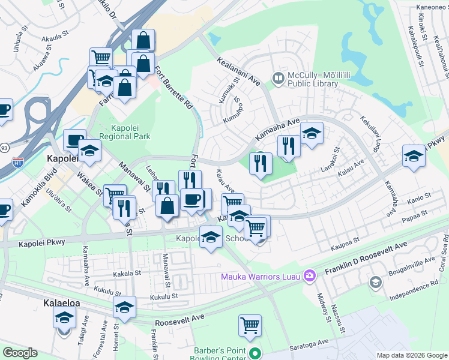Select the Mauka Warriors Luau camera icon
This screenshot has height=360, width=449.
[x=310, y=275]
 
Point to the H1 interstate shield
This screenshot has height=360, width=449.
[x=19, y=163]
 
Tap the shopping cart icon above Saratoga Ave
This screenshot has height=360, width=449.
[x=250, y=326]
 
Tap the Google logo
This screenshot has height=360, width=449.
[x=20, y=352]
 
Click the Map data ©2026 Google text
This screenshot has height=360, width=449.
[x=411, y=355]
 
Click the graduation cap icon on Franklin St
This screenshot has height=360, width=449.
[x=125, y=308]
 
